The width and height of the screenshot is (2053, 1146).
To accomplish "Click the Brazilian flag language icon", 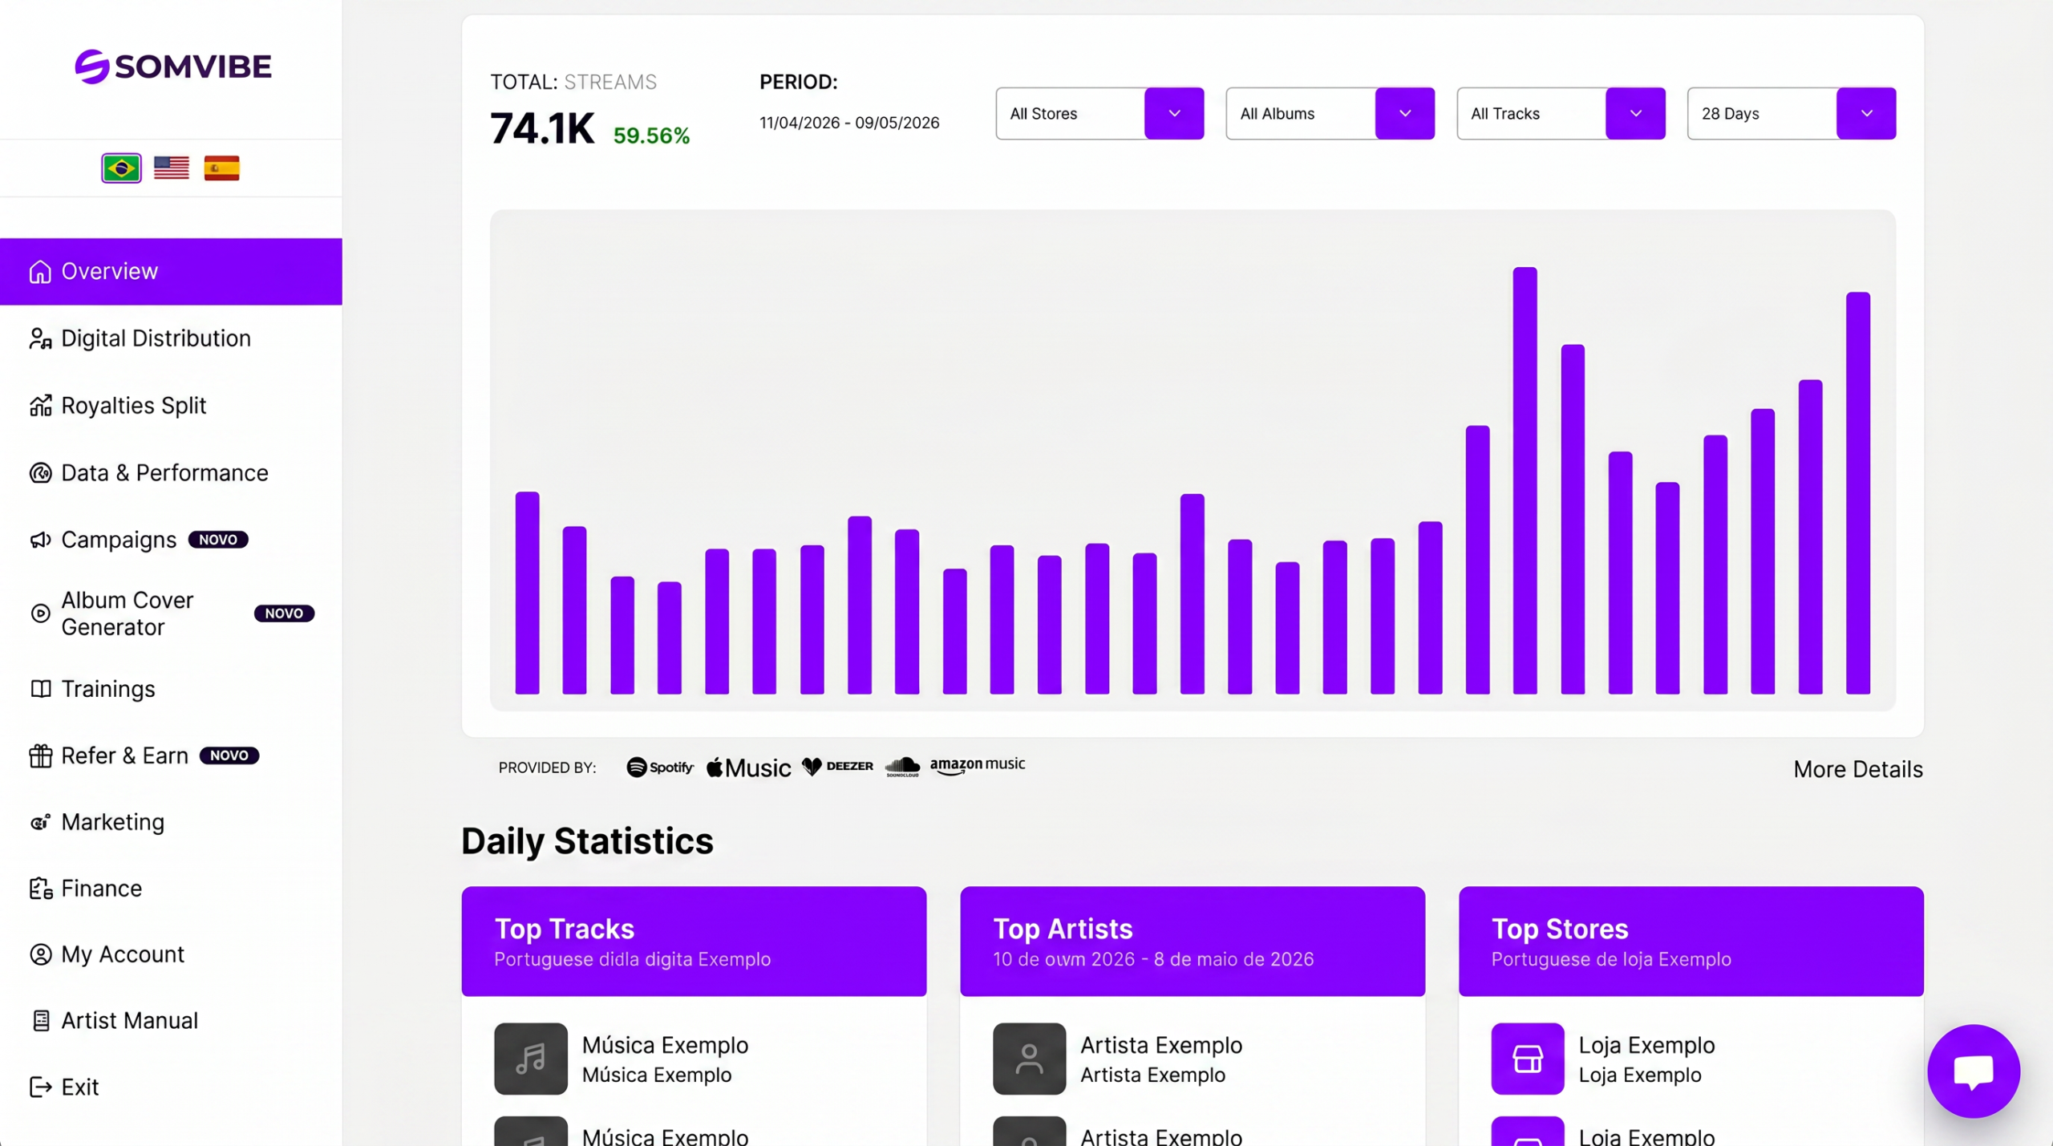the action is coord(121,168).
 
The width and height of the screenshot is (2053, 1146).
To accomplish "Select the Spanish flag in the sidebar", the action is coord(221,168).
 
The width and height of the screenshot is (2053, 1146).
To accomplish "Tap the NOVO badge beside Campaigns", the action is coord(218,540).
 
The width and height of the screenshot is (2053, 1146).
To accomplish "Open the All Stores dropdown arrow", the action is coord(1174,113).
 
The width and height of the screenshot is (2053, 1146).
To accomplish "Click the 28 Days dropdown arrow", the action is coord(1866,113).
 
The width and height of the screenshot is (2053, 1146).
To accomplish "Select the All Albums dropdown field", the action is coord(1330,113).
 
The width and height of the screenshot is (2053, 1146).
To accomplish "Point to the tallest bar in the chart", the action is coord(1525,480).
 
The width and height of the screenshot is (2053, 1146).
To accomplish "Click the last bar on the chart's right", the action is coord(1858,493).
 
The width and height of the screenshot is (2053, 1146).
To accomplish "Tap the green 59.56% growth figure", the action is coord(651,136).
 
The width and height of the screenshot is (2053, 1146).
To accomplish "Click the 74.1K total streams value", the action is coord(543,128).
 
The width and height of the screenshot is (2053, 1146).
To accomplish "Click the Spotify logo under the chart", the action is coord(660,767).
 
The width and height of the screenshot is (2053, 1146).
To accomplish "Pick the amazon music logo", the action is coord(978,766).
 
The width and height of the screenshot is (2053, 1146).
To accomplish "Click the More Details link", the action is coord(1858,770).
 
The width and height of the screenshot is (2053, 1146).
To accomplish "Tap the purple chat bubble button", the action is coord(1974,1071).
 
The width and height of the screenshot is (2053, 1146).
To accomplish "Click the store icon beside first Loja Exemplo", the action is coord(1528,1059).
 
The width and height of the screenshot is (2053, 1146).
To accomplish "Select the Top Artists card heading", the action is coord(1063,929).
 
